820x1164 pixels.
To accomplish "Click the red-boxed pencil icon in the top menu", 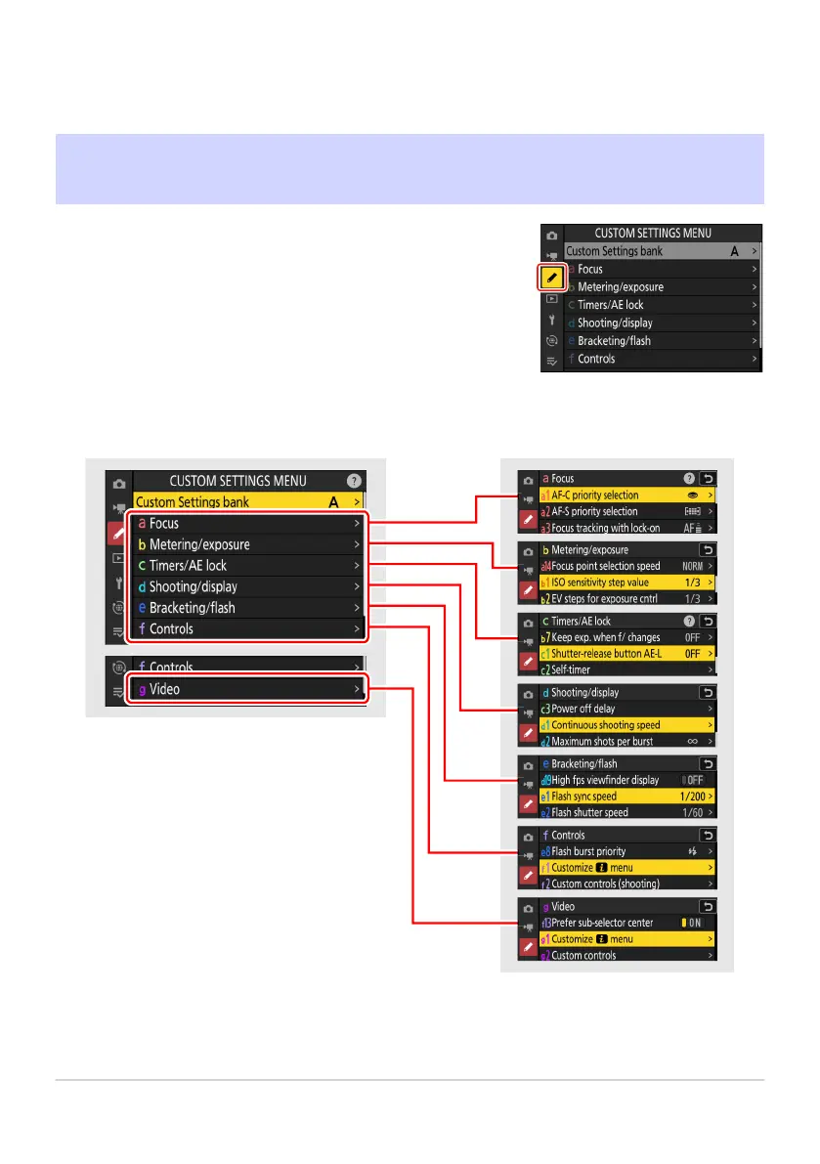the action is coord(552,279).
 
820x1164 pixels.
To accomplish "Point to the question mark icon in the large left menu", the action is coord(354,481).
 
